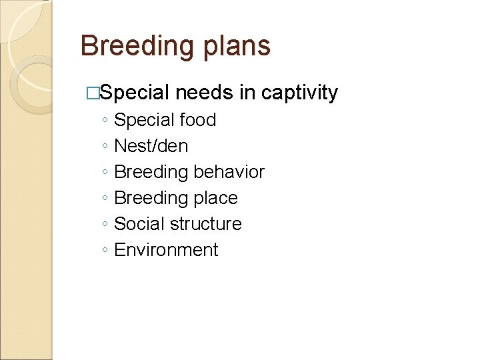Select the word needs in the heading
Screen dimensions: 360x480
point(205,93)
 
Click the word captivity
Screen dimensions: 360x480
point(299,93)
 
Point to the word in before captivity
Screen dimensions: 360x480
point(247,93)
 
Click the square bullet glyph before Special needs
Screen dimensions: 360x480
point(93,94)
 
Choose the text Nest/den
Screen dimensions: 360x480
point(151,146)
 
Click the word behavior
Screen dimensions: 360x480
point(229,172)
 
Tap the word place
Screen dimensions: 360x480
point(216,198)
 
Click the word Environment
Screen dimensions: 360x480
point(166,250)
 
